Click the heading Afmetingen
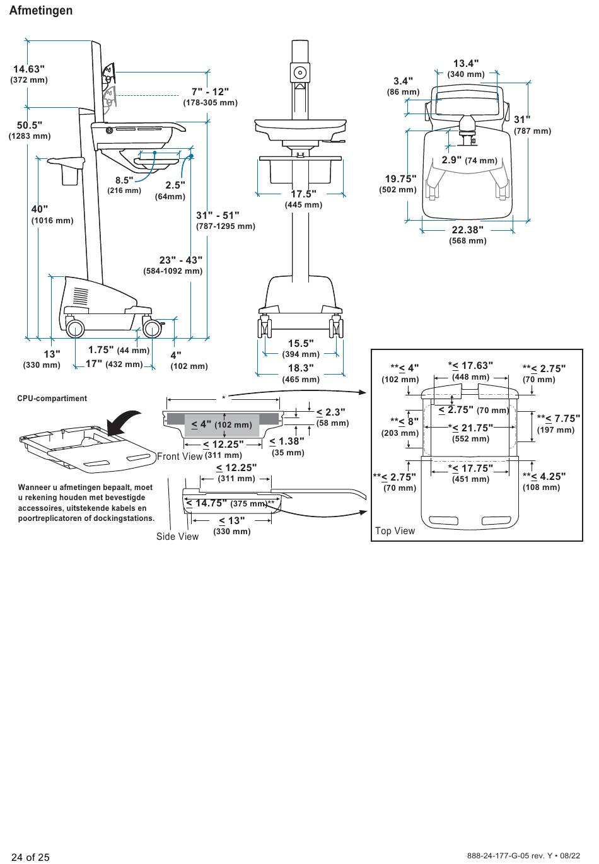[x=41, y=11]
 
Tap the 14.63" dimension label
[x=29, y=69]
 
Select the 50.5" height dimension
[x=29, y=125]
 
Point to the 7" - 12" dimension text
[x=210, y=92]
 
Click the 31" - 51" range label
[x=218, y=215]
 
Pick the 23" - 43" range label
[x=181, y=260]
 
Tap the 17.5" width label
[x=303, y=194]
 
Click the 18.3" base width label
[x=301, y=368]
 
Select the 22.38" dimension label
[x=467, y=230]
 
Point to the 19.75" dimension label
[x=401, y=178]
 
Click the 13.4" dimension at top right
[x=466, y=63]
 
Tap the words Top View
[x=395, y=531]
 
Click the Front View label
[x=180, y=457]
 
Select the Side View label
[x=177, y=537]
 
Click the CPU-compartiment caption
[x=52, y=399]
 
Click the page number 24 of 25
[x=30, y=857]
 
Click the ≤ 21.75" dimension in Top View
[x=471, y=428]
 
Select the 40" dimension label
[x=40, y=209]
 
